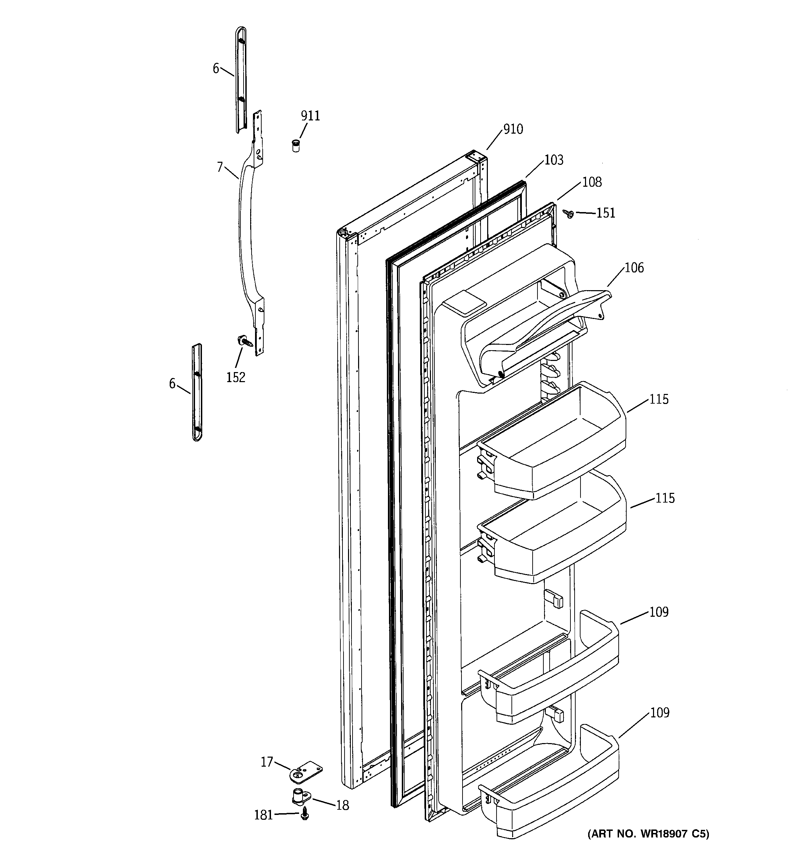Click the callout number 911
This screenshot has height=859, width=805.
tap(310, 116)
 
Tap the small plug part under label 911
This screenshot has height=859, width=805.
tap(296, 146)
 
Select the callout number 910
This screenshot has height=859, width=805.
tap(513, 129)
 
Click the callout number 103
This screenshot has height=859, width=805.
tap(553, 160)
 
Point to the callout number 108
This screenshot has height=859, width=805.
tap(592, 182)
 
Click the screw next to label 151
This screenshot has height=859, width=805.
tap(568, 213)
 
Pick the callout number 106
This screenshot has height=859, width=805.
tap(634, 268)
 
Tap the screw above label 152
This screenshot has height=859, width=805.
tap(245, 342)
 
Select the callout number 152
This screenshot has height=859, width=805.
tap(236, 377)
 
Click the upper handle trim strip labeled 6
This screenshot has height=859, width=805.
tap(241, 80)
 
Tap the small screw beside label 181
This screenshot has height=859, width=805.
tap(305, 814)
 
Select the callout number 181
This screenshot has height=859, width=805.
tap(263, 815)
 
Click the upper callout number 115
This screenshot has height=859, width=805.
tap(659, 399)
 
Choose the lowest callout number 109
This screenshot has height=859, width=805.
tap(659, 713)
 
